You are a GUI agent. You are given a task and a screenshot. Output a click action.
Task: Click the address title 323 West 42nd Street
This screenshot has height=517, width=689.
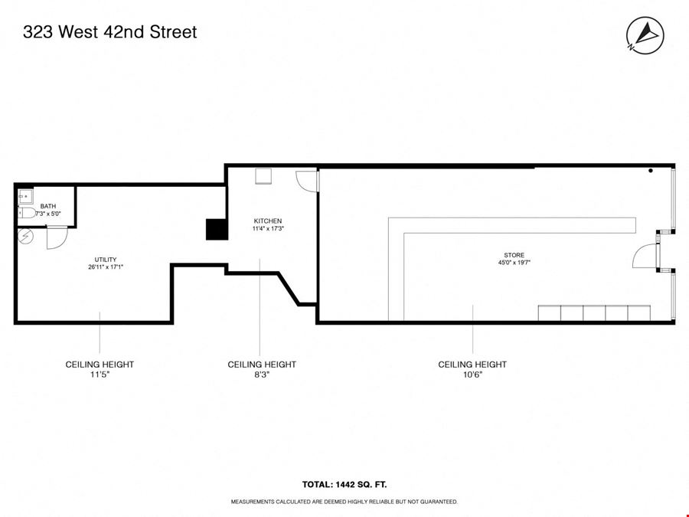[109, 32]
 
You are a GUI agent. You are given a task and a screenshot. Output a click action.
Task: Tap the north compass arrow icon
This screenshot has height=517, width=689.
[645, 35]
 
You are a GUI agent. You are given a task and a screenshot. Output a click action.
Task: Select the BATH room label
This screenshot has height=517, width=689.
[48, 206]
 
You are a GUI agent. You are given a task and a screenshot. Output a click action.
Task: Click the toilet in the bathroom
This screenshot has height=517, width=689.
[27, 213]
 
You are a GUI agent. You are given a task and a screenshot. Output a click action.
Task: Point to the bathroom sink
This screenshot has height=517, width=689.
[25, 196]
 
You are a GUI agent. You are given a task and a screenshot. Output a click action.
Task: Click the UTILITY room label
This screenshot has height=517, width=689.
[106, 260]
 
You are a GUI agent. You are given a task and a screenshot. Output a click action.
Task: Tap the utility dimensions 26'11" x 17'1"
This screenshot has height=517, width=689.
[106, 267]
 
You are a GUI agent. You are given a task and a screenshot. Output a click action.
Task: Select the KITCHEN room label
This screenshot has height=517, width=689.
[268, 221]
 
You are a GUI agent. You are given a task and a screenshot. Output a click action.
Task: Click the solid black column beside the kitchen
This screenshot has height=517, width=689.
[217, 229]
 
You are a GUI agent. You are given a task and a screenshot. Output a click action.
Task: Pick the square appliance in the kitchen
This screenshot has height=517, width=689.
[263, 176]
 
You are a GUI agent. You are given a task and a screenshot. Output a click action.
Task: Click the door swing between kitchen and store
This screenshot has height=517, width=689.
[306, 181]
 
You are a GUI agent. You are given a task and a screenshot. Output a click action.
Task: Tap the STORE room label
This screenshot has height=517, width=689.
[514, 255]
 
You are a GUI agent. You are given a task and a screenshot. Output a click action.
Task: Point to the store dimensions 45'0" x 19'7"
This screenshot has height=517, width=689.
[514, 263]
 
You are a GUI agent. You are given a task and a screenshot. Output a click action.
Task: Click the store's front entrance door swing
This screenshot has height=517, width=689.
[645, 257]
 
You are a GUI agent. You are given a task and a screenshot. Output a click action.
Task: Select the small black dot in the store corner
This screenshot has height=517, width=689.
[650, 171]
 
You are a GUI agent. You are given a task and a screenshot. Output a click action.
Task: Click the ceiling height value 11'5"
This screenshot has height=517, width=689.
[100, 375]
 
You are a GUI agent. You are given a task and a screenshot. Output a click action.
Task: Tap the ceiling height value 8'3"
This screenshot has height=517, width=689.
[262, 375]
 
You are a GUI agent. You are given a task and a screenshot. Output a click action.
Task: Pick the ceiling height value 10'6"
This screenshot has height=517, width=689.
[472, 375]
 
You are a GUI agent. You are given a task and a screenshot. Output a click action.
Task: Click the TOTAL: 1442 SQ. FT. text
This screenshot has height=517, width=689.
[344, 485]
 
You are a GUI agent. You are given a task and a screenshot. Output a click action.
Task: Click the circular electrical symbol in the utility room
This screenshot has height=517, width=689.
[25, 237]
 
